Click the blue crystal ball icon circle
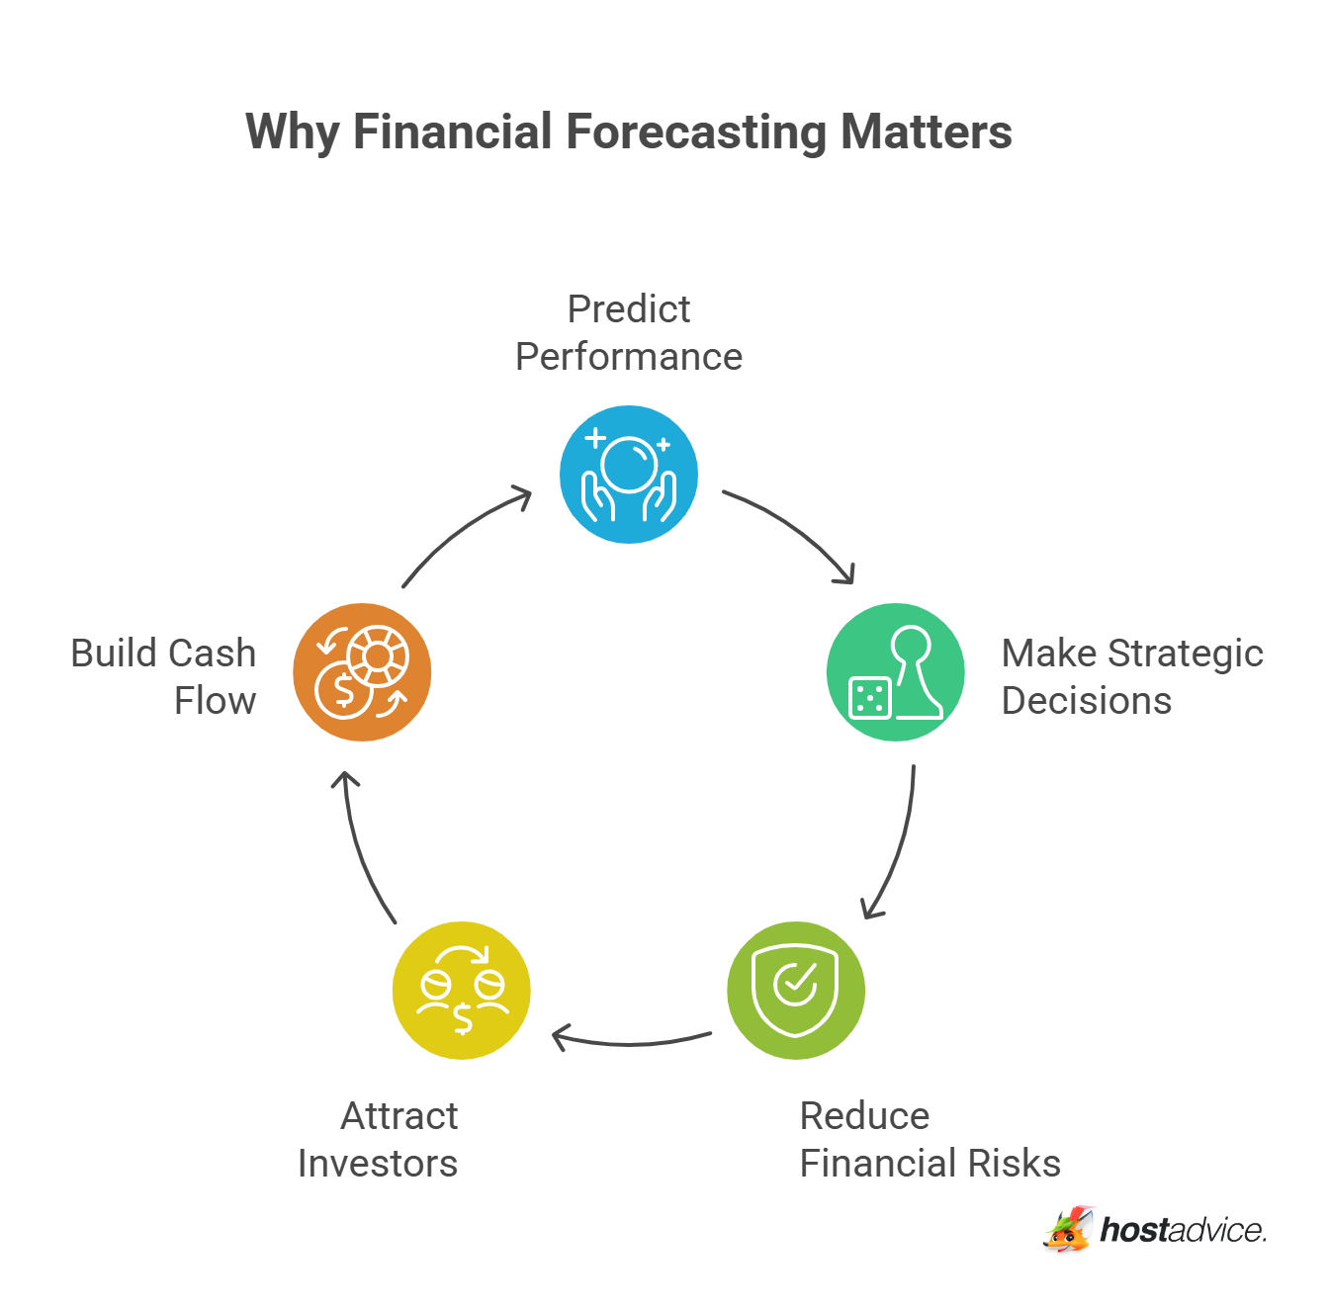[x=629, y=475]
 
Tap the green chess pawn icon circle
[x=895, y=672]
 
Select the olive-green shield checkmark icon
[x=796, y=990]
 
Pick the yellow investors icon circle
[x=462, y=990]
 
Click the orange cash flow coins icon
[x=362, y=672]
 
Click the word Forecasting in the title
[x=695, y=132]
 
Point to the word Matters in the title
[x=927, y=132]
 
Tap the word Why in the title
[x=293, y=132]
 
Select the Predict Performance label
[x=629, y=333]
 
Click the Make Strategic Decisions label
[x=1131, y=677]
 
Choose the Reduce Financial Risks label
[x=929, y=1140]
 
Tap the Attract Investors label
[x=379, y=1140]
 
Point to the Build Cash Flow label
[x=164, y=677]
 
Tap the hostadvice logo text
[x=1183, y=1230]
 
